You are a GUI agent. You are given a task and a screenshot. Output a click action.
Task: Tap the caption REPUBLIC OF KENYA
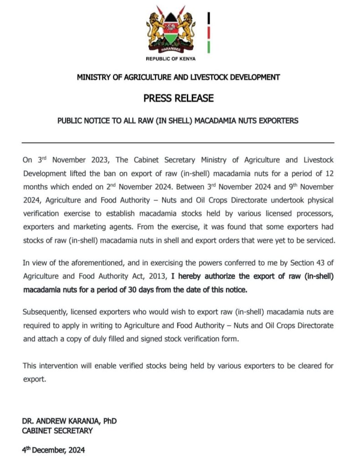click(x=171, y=59)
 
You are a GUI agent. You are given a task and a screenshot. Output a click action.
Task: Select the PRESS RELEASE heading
click(x=179, y=98)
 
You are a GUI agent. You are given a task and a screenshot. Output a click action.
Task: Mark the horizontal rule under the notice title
click(x=179, y=143)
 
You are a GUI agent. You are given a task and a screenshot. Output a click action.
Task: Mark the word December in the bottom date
click(x=50, y=450)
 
